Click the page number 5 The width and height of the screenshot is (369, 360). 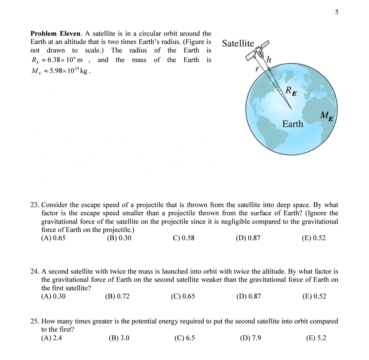(337, 12)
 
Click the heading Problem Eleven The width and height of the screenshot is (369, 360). (56, 33)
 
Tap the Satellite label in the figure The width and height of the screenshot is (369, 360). (238, 43)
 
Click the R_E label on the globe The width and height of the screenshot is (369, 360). (291, 91)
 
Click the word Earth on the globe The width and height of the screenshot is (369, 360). (292, 124)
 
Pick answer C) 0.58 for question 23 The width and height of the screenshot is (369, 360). (183, 238)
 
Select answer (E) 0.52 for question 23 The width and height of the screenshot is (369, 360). (314, 238)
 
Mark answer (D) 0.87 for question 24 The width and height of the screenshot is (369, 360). (248, 296)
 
